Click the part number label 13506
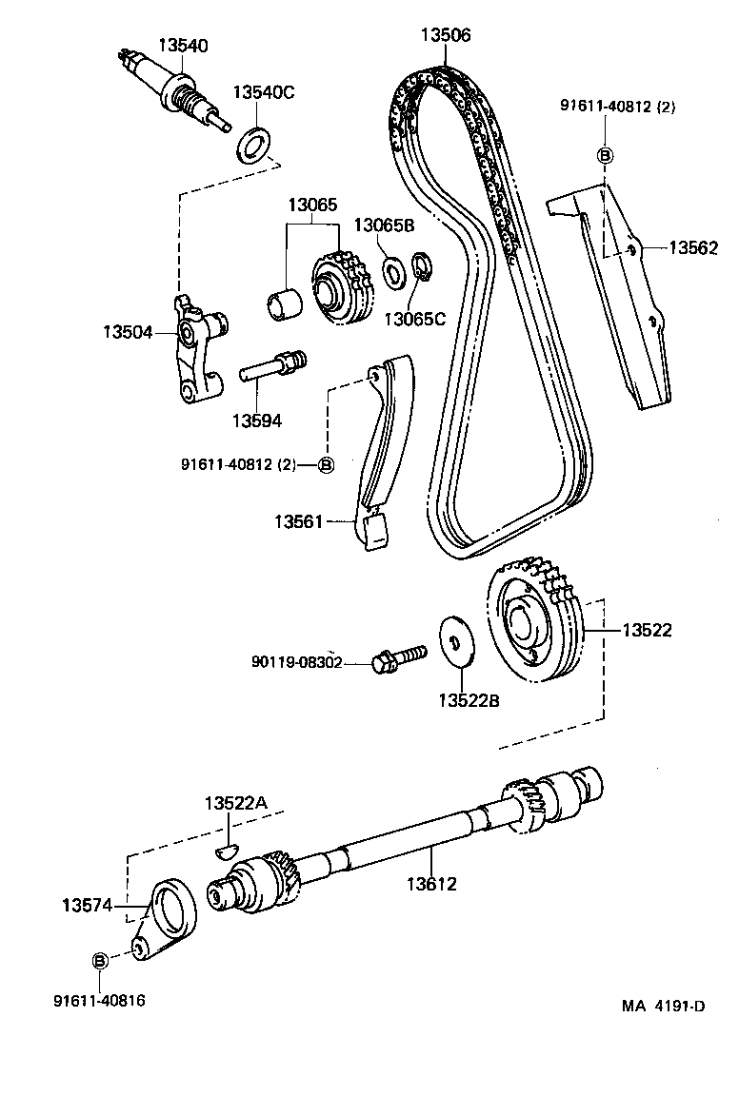point(446,35)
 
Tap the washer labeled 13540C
point(253,145)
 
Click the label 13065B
point(385,225)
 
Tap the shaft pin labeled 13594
point(274,364)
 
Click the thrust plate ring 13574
point(175,908)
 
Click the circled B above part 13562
point(605,155)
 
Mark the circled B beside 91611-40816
point(99,961)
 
